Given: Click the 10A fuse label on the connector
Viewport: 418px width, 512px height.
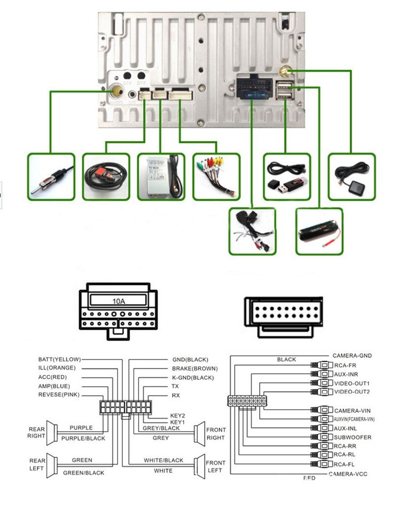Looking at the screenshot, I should tap(119, 300).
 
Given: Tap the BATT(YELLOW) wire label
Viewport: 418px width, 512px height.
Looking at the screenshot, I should tap(60, 359).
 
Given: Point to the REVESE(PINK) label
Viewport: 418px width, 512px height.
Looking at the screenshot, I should tap(59, 395).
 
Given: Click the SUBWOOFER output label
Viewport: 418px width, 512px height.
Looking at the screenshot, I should tap(353, 437).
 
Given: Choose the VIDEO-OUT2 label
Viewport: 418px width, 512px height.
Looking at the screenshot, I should tap(352, 392).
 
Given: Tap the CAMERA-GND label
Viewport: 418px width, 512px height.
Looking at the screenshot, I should tap(352, 355).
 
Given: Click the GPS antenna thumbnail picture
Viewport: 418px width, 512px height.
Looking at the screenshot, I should tap(352, 176).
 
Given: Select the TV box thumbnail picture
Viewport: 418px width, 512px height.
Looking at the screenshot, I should tap(161, 176).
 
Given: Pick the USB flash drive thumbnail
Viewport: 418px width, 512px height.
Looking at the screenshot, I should tap(287, 176).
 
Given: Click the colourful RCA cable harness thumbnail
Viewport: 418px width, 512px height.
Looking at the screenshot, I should tap(216, 176).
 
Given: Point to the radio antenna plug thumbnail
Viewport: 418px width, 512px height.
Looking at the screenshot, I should tap(51, 176).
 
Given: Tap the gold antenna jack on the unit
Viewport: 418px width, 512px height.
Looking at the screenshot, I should tap(117, 91).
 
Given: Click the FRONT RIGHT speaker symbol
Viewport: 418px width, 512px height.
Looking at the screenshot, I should tap(200, 433).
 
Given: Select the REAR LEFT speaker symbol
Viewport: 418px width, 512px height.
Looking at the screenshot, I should tap(51, 465).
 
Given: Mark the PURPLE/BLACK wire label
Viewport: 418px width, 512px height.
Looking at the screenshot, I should tap(83, 438).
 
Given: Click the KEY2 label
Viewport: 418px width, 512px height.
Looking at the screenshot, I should tap(178, 415).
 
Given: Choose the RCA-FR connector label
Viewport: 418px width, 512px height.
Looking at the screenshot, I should tap(345, 366).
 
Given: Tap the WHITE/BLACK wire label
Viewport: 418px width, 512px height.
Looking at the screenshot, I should tap(163, 460).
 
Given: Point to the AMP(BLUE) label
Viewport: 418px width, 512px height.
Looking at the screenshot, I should tap(54, 386).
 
